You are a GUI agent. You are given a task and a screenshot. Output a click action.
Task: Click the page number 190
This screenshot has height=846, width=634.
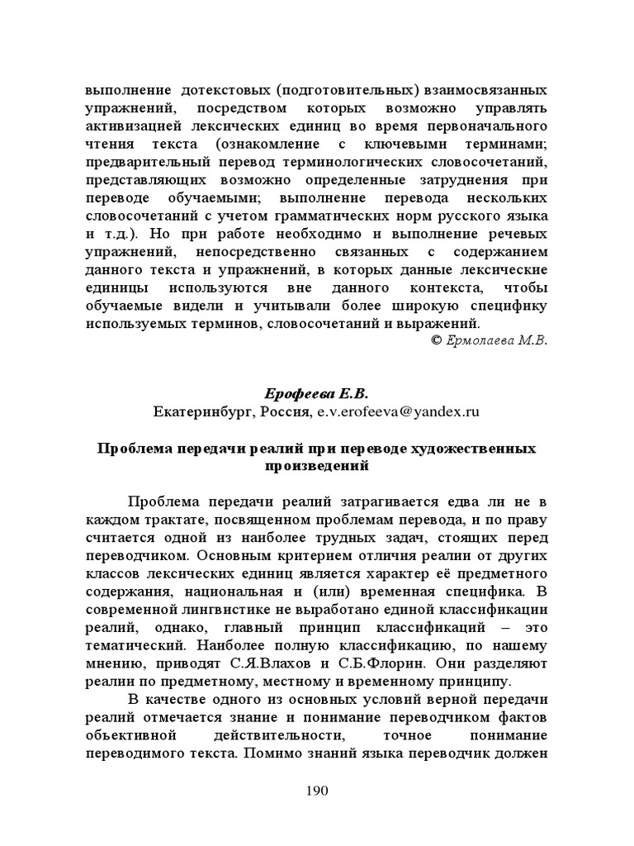pyautogui.click(x=317, y=791)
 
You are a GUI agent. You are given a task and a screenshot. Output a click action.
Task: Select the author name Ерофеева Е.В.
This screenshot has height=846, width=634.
pyautogui.click(x=316, y=394)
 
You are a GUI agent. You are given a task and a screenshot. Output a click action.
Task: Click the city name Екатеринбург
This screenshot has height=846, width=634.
pyautogui.click(x=203, y=411)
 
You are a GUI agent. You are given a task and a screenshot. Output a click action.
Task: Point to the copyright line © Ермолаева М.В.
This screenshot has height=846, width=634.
pyautogui.click(x=490, y=340)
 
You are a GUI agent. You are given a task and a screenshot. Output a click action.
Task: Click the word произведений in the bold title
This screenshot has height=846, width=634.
pyautogui.click(x=317, y=465)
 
